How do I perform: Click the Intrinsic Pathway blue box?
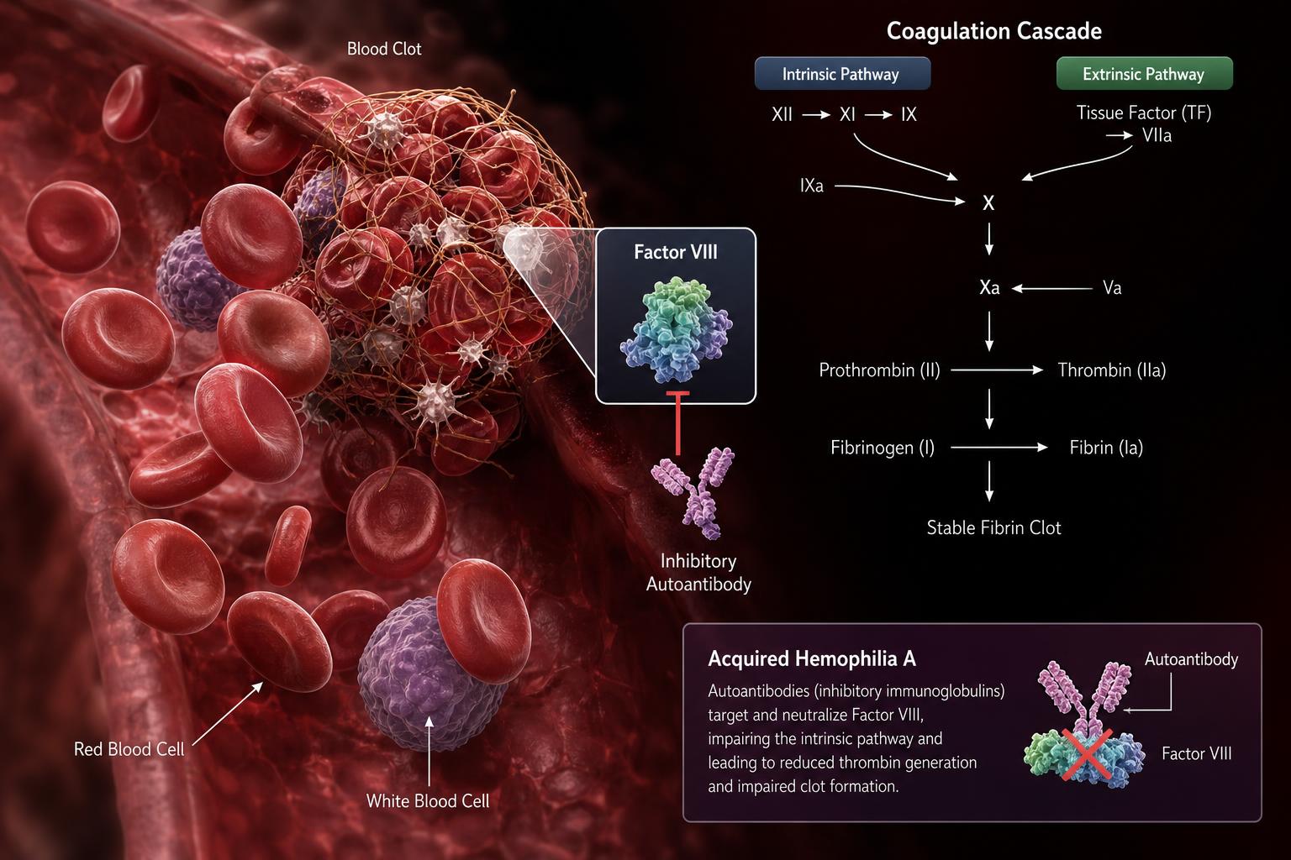842,73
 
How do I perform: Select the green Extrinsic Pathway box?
1144,73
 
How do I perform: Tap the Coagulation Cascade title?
993,30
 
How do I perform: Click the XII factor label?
783,114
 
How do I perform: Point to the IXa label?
811,186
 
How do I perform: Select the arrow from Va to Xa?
1051,288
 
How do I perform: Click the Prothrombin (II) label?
879,370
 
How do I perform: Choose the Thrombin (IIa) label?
1112,370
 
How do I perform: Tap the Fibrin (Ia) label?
1106,448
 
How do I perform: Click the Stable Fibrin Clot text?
993,527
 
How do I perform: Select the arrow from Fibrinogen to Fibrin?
999,448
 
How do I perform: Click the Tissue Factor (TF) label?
1143,113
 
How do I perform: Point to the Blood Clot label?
384,49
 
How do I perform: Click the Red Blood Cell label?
129,749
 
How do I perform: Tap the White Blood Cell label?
428,800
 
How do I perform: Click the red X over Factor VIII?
1088,754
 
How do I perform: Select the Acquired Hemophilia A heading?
811,658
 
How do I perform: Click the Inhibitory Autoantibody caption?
698,573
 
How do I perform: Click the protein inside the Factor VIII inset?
676,330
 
